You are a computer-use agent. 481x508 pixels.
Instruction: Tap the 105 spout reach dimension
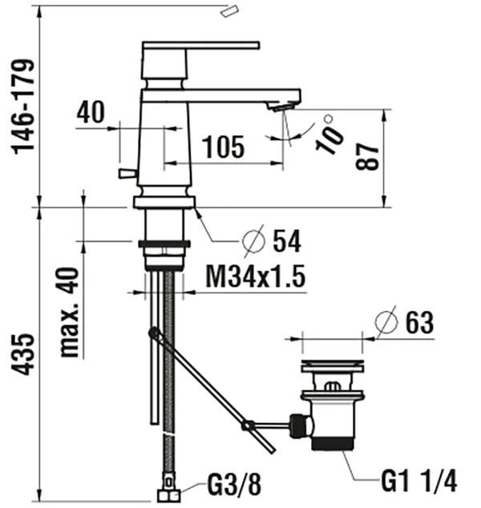[x=223, y=147]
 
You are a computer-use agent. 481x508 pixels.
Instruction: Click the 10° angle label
[x=330, y=134]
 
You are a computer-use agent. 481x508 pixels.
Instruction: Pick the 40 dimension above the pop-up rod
[x=91, y=113]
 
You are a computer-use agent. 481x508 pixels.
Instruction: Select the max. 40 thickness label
[x=70, y=313]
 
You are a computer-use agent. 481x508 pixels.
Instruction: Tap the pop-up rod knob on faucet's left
[x=126, y=173]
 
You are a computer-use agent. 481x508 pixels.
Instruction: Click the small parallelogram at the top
[x=230, y=10]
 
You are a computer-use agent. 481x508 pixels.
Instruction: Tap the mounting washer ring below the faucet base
[x=164, y=242]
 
